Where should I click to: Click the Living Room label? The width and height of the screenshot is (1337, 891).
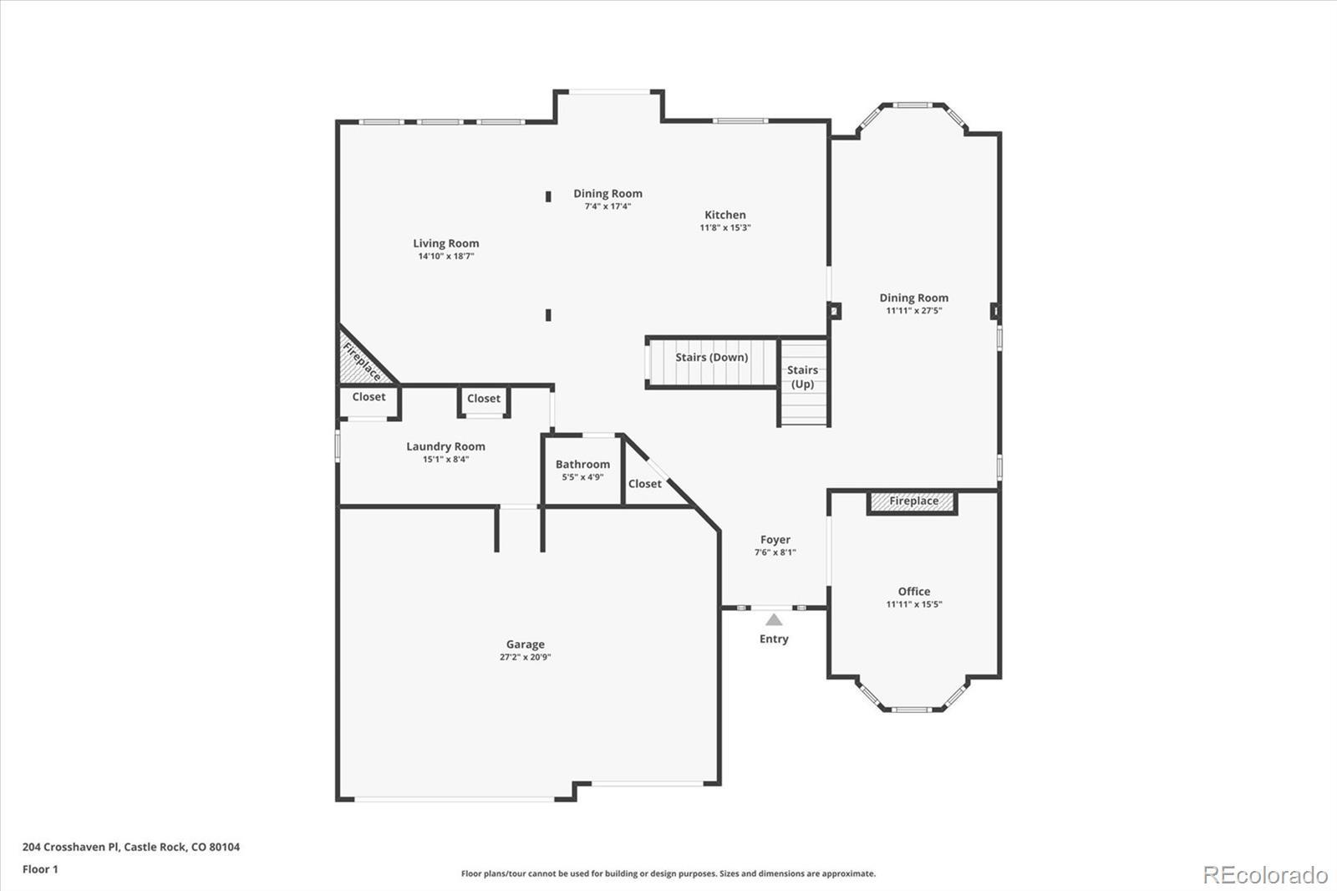click(x=446, y=243)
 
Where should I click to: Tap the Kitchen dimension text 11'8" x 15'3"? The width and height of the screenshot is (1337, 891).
click(x=725, y=227)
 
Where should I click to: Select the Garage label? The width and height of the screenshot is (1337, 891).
click(x=526, y=644)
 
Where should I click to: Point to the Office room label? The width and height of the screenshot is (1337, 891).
click(x=914, y=591)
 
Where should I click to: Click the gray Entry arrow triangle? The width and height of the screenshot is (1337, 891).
click(x=774, y=620)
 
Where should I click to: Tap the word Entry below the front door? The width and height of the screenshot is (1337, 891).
click(x=774, y=639)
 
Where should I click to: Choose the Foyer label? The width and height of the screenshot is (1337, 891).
click(x=775, y=540)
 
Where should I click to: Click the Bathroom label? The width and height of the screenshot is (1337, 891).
click(x=582, y=464)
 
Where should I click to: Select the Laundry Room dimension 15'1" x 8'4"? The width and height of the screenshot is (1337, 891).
click(x=446, y=459)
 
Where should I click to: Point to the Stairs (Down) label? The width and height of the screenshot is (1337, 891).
click(x=711, y=357)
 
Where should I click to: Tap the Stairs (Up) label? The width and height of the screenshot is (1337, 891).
click(x=802, y=377)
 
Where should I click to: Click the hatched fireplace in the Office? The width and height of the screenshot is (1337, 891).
click(x=913, y=502)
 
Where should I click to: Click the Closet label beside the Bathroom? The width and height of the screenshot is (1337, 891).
click(x=644, y=484)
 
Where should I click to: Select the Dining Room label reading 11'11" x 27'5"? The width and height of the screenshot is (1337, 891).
click(x=914, y=303)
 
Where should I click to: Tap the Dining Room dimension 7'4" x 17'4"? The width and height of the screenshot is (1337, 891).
click(x=607, y=206)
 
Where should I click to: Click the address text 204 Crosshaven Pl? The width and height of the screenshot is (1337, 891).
click(x=72, y=847)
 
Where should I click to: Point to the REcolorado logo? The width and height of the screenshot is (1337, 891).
click(x=1265, y=875)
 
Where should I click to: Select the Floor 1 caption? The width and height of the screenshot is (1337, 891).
click(x=41, y=869)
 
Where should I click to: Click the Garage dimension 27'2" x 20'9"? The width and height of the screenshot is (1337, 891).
click(x=526, y=658)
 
